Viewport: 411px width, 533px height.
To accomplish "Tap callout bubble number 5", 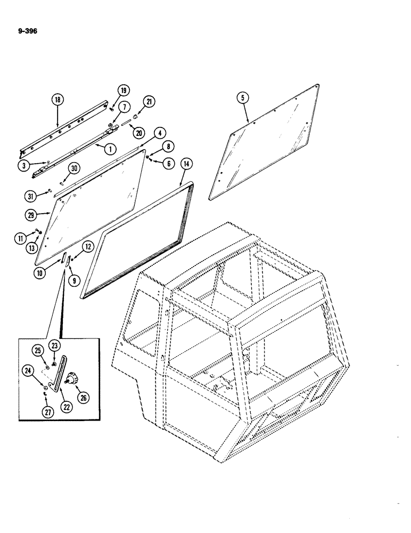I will (x=242, y=98).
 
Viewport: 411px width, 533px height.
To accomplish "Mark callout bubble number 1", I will (x=110, y=149).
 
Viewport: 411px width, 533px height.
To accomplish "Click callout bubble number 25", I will (x=37, y=350).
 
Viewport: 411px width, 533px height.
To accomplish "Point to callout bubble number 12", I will (x=87, y=246).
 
